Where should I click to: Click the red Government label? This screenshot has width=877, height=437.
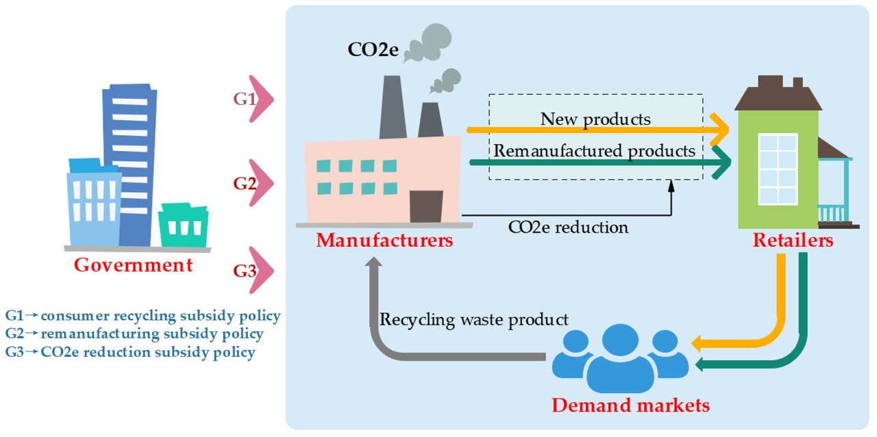click(x=133, y=265)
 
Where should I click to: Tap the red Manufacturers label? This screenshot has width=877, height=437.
click(x=384, y=240)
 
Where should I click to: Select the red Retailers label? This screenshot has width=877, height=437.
click(x=793, y=240)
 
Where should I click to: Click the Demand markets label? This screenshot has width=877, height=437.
click(x=631, y=405)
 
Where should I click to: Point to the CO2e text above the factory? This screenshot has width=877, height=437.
click(x=373, y=50)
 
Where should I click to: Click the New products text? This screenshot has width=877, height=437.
click(x=595, y=119)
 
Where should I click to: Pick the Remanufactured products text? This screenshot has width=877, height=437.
click(x=594, y=151)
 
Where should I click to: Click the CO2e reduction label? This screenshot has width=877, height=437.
click(x=568, y=227)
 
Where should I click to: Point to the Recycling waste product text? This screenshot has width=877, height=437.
click(x=473, y=320)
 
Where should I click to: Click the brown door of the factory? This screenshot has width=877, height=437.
click(x=426, y=206)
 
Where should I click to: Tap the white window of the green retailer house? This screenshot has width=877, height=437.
click(x=778, y=169)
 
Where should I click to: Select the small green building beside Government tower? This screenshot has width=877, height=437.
click(x=183, y=224)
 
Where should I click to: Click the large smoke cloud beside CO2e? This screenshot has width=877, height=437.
click(x=428, y=43)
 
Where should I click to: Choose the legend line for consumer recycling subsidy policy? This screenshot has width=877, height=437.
click(x=143, y=316)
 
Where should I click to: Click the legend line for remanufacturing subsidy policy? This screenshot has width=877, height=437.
click(x=134, y=333)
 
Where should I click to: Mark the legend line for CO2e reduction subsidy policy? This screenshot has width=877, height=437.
click(x=130, y=352)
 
